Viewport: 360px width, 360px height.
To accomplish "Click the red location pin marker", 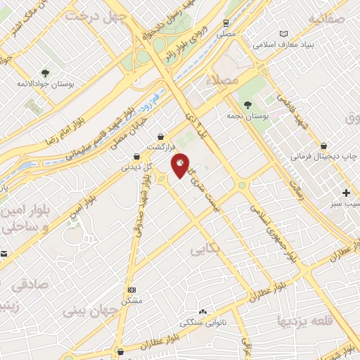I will coord(181,165).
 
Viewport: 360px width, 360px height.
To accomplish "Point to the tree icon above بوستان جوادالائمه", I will coord(45,72).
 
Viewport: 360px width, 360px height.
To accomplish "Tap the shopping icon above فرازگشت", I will coord(162,136).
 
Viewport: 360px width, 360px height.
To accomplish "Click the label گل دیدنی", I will coord(136,167).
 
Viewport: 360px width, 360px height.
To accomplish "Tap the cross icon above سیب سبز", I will coord(346,192).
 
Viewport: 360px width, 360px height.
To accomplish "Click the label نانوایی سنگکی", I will coord(203,323).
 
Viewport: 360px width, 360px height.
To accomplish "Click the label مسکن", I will coord(131,300).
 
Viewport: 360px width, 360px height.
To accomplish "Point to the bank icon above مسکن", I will coord(131,290).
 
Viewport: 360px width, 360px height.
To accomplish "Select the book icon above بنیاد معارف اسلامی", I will coord(284,34).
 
